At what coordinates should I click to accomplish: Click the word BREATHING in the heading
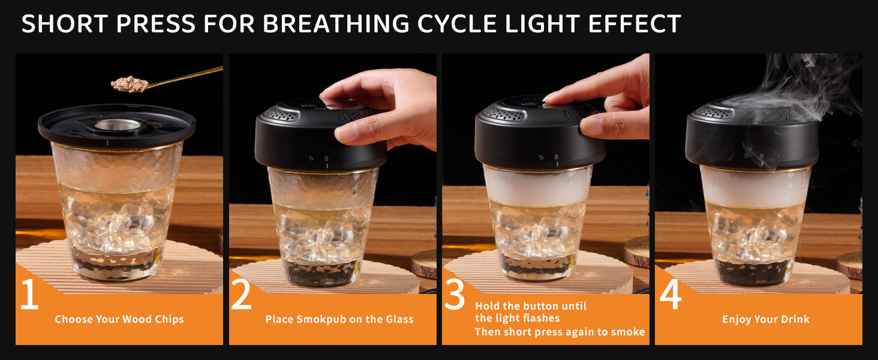point(336,24)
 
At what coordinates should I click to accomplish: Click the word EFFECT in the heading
point(635,24)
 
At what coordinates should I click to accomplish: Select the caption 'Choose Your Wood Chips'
point(119,319)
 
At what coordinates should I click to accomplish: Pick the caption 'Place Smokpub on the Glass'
point(339,319)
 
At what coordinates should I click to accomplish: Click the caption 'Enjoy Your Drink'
point(766,319)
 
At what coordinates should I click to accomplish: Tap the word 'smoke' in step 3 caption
point(627,332)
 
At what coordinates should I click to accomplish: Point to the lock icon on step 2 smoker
point(326,158)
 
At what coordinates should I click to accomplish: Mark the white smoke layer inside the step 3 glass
point(537,186)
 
